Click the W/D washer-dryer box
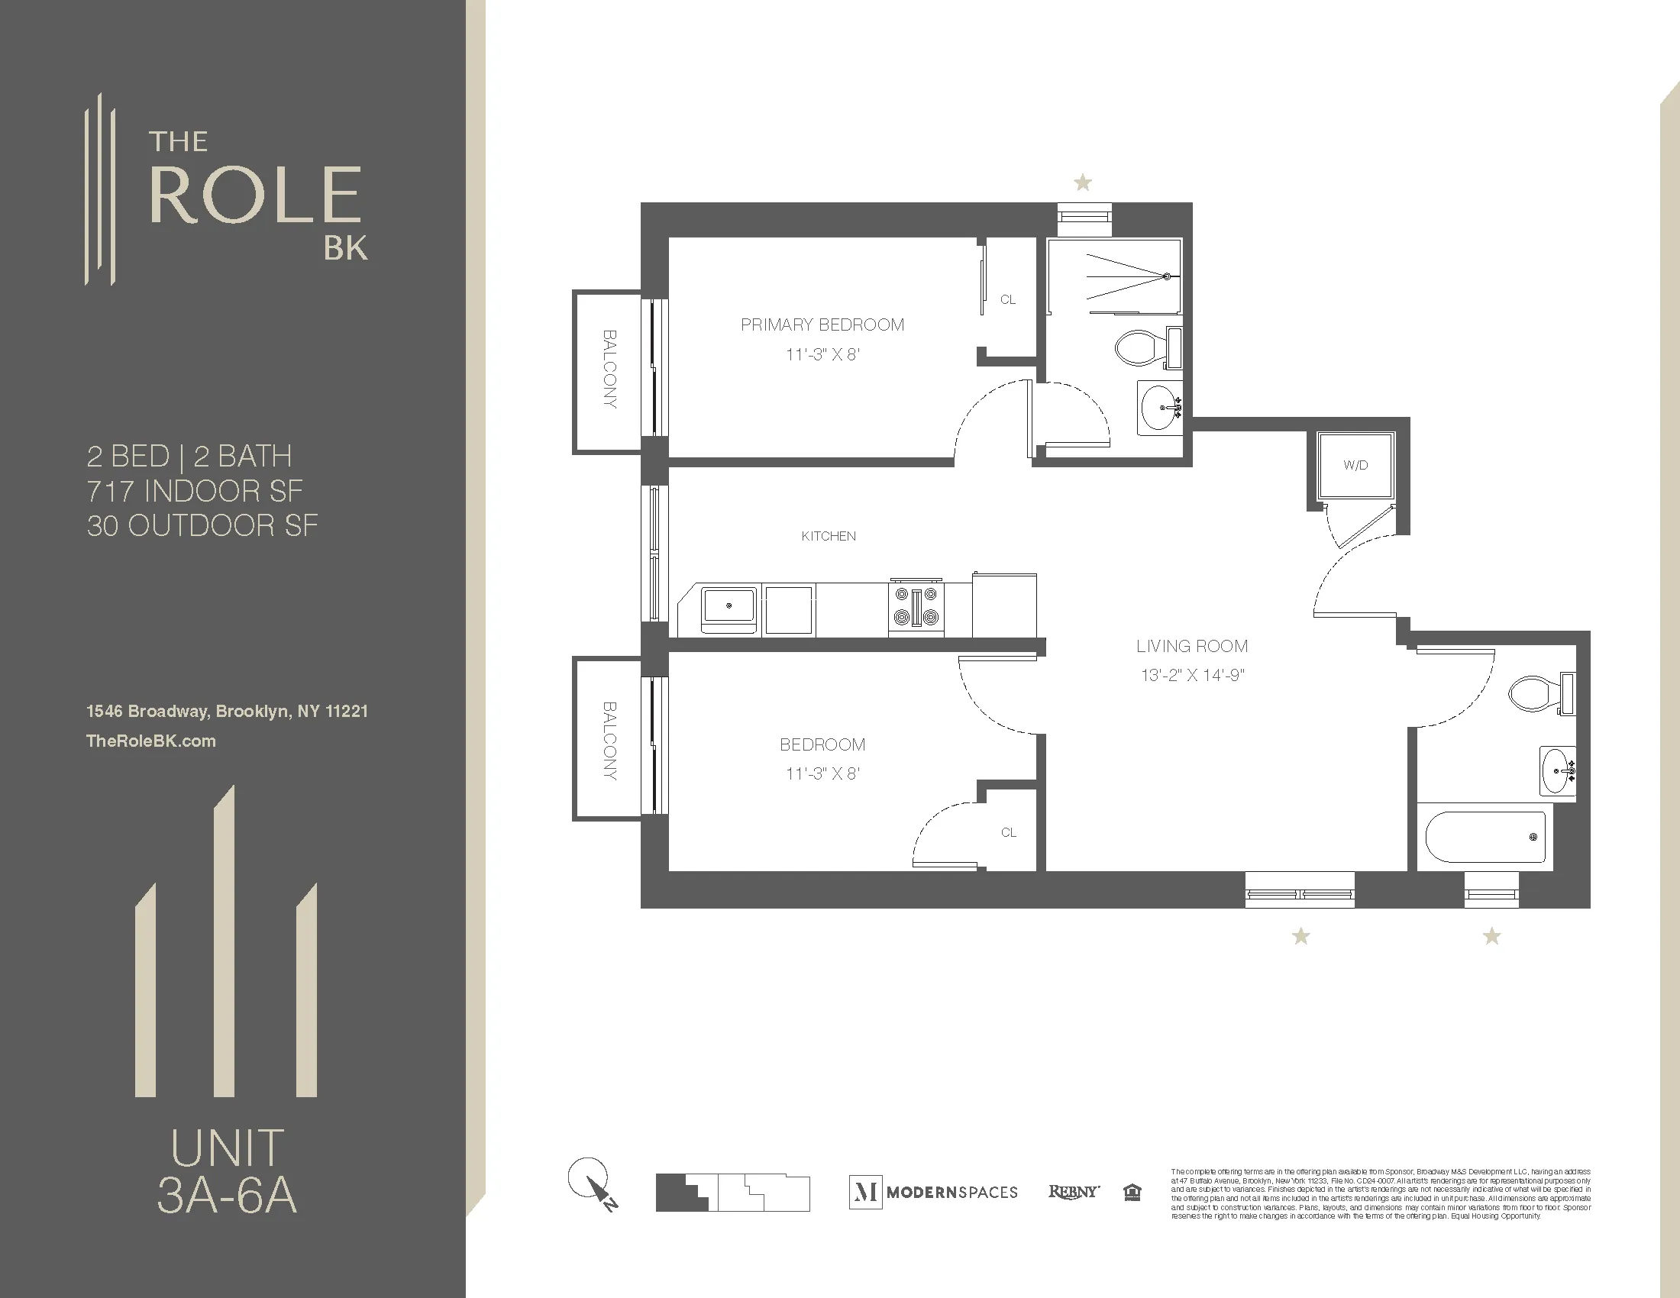[1355, 465]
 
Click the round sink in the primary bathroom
[1159, 408]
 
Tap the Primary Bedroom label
[822, 324]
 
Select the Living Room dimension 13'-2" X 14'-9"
[1192, 675]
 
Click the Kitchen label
[829, 536]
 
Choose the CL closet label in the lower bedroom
[1009, 833]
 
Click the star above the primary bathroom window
[1082, 183]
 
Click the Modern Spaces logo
[933, 1192]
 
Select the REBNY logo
[1074, 1191]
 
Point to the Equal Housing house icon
[1132, 1192]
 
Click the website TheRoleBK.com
[150, 741]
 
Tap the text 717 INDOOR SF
[195, 491]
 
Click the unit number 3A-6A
[227, 1196]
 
